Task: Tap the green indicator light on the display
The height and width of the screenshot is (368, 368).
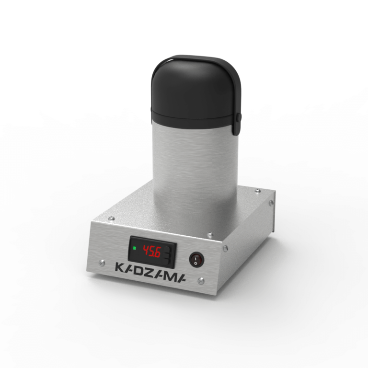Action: click(x=135, y=248)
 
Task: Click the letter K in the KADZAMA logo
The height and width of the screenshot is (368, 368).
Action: click(x=120, y=267)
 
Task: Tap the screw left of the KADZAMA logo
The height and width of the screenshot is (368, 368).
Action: click(x=102, y=263)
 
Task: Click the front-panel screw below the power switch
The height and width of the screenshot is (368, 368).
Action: click(x=201, y=281)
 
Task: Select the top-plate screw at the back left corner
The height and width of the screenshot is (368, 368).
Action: click(x=111, y=218)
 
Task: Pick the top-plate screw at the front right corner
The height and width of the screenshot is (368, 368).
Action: click(x=210, y=234)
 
